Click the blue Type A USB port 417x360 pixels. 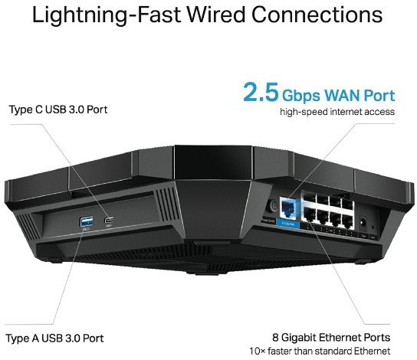click(87, 221)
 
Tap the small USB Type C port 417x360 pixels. click(109, 221)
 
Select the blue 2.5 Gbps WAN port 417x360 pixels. click(288, 208)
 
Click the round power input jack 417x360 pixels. click(363, 221)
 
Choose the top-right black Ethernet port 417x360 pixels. click(347, 202)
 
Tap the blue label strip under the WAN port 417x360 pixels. click(288, 224)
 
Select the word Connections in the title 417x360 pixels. click(317, 15)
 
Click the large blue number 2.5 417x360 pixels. click(261, 92)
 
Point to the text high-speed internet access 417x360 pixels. click(337, 112)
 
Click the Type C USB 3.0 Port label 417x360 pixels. click(58, 110)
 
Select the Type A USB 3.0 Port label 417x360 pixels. click(54, 339)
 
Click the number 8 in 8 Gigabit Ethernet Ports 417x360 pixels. click(275, 338)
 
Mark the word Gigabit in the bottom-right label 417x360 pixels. click(299, 338)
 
